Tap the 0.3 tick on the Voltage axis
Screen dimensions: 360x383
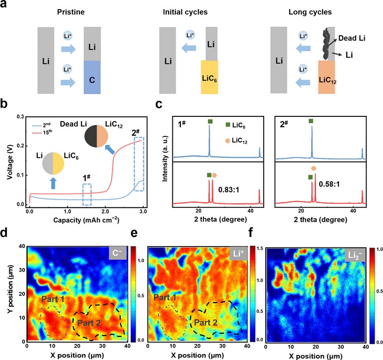20,116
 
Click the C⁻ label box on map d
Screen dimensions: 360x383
117,255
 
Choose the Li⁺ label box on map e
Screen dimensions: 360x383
237,255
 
